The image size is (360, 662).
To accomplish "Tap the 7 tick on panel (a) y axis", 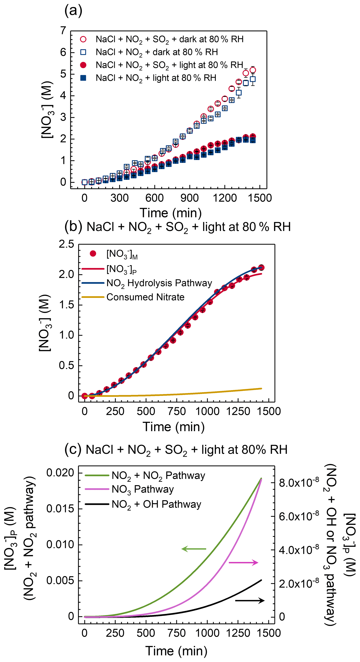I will pos(63,31).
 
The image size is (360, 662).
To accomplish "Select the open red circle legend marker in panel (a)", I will pos(83,39).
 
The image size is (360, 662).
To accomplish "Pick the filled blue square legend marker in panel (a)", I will pos(83,78).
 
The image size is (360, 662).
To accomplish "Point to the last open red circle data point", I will pos(253,70).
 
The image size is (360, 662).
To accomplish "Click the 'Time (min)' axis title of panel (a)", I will pos(171,213).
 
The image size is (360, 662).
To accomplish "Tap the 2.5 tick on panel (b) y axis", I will pos(66,244).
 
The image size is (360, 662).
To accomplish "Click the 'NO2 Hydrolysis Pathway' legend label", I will pos(159,283).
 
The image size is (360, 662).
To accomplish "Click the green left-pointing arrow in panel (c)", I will pos(194,549).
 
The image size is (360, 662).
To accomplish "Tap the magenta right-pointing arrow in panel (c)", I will pos(243,563).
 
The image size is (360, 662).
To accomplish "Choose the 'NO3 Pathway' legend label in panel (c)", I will pos(143,489).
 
